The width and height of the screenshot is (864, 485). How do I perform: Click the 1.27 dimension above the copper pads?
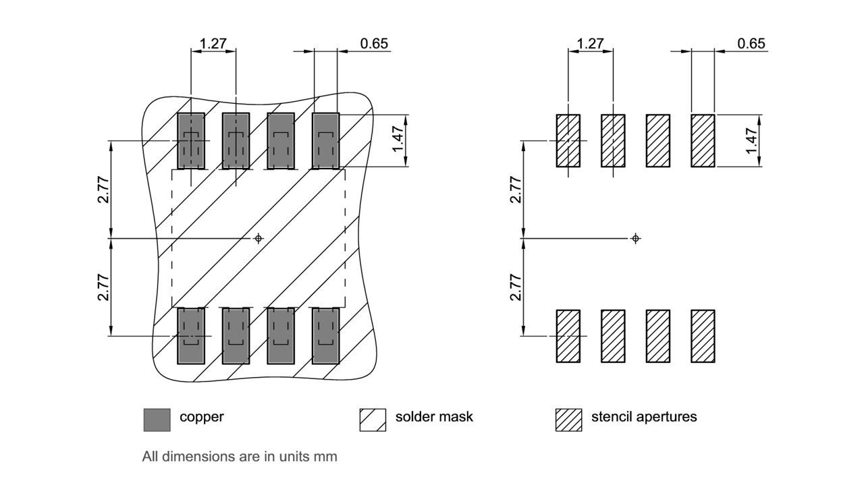(x=213, y=44)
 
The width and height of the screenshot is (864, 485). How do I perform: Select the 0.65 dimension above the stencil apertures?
(x=751, y=44)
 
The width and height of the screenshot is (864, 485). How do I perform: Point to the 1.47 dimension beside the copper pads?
(x=397, y=140)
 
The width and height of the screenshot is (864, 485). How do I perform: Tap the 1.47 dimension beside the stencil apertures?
(x=751, y=140)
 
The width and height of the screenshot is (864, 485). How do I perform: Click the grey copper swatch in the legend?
(x=157, y=420)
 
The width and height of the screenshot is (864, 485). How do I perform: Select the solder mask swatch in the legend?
(x=373, y=420)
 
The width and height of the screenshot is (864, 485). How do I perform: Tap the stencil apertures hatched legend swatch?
(x=568, y=420)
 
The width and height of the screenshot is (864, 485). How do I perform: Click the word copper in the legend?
(x=201, y=417)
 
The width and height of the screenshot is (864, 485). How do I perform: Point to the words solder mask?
(x=434, y=417)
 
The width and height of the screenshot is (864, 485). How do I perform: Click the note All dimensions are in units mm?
(x=240, y=457)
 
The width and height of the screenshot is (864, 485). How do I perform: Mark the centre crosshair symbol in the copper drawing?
(x=258, y=238)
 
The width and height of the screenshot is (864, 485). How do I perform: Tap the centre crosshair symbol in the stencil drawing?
(x=635, y=238)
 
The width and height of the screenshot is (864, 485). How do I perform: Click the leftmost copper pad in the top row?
(x=191, y=141)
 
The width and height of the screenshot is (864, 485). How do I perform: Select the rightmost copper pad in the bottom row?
(x=325, y=335)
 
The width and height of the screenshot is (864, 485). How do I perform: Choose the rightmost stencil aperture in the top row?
(x=703, y=141)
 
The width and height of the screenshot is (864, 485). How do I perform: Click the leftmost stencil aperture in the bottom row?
(x=568, y=336)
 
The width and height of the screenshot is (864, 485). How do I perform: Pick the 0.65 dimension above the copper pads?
(x=374, y=44)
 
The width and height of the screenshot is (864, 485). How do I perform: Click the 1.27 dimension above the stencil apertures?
(x=591, y=44)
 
